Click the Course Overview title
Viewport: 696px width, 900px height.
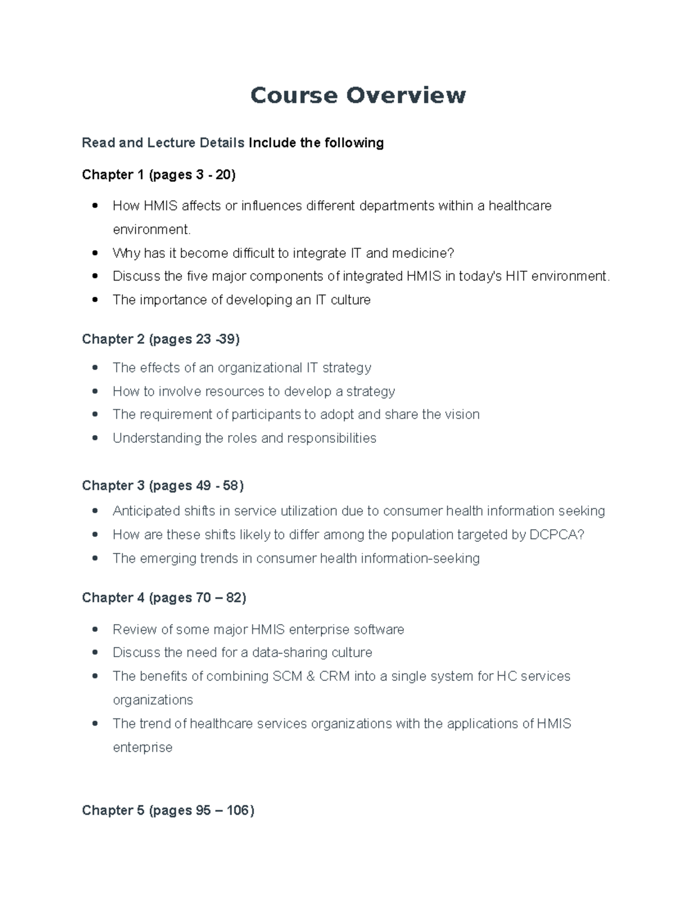(x=358, y=96)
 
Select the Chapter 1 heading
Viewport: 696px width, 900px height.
(x=158, y=174)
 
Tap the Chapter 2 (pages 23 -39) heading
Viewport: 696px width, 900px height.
(x=161, y=339)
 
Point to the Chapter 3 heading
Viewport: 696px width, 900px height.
(x=162, y=486)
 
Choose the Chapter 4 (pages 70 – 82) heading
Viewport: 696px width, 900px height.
(x=164, y=597)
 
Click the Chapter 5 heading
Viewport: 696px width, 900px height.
(x=168, y=810)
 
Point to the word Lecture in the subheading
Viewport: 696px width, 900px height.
(x=171, y=143)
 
